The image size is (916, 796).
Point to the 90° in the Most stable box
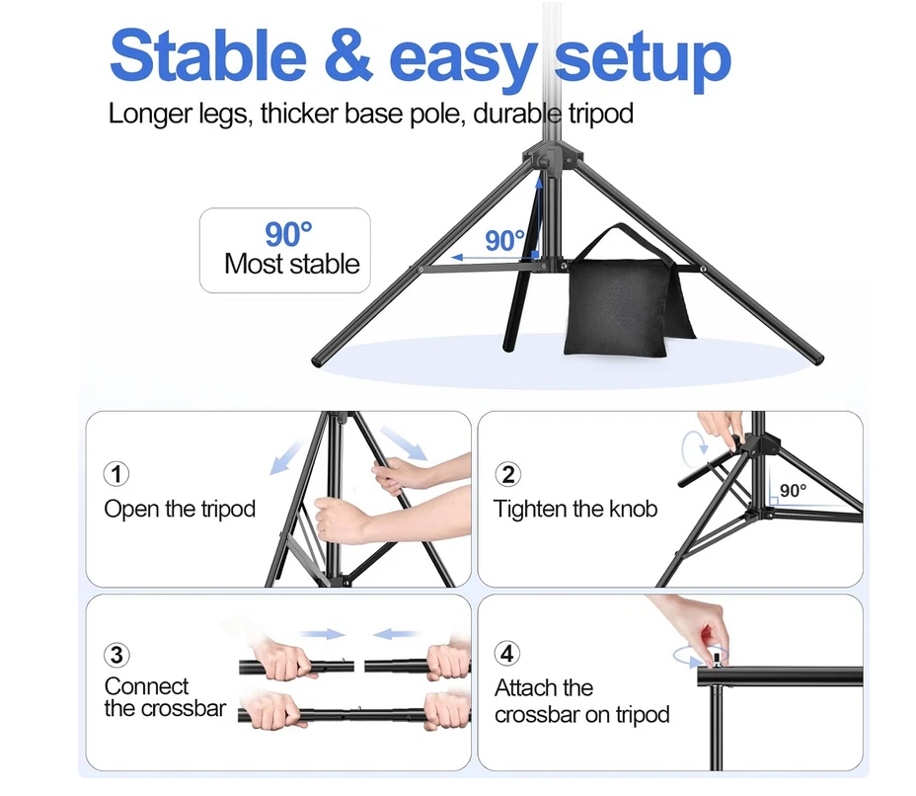tap(288, 234)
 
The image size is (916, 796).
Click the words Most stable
tap(291, 265)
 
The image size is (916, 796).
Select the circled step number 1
tap(116, 474)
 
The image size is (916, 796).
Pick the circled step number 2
tap(507, 474)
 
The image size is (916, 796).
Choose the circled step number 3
tap(116, 654)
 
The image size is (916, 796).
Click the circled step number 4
tap(507, 654)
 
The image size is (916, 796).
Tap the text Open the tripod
tap(180, 510)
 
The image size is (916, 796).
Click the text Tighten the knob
tap(574, 510)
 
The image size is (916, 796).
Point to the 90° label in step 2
tap(793, 490)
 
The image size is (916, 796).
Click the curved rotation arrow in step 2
tap(692, 446)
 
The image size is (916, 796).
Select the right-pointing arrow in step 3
tap(323, 634)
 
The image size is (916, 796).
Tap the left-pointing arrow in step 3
tap(399, 634)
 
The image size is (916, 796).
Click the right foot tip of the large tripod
tap(814, 353)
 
